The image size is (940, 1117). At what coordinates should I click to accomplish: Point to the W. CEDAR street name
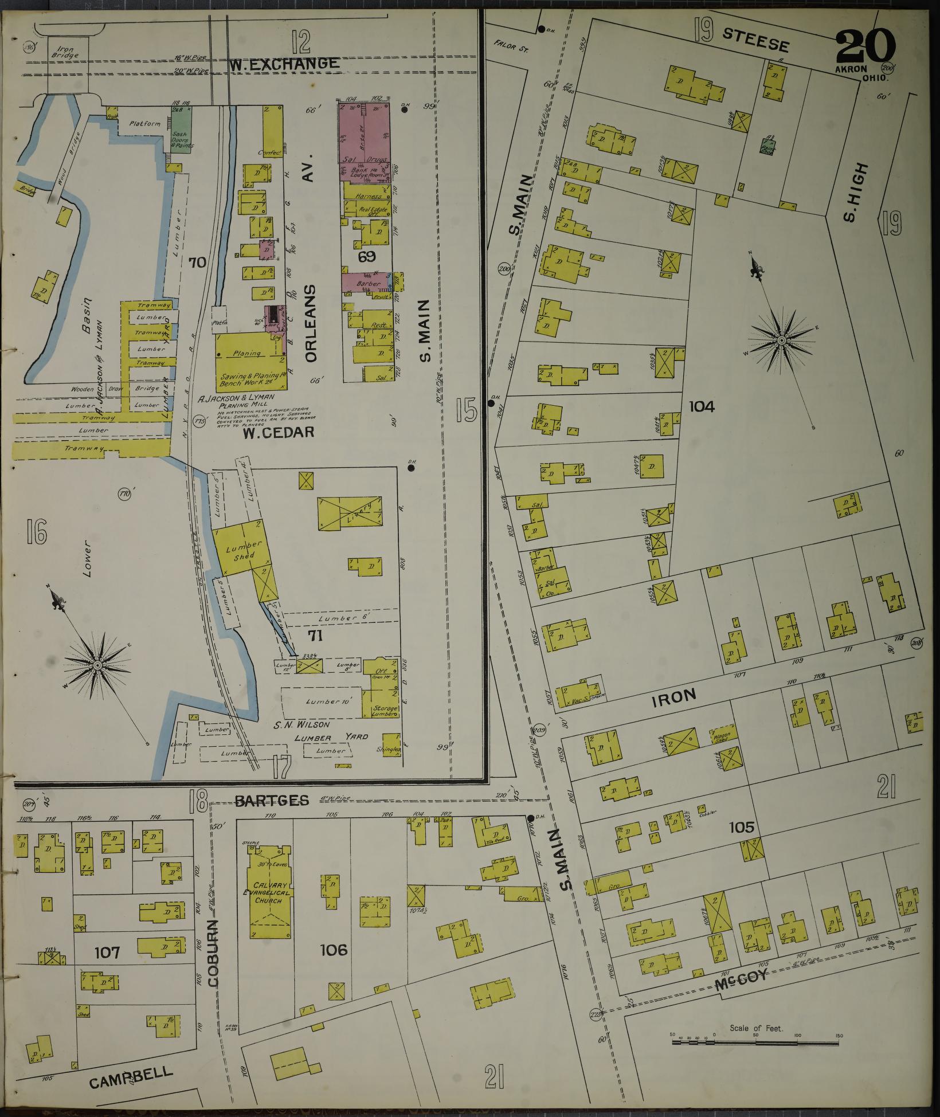tap(278, 432)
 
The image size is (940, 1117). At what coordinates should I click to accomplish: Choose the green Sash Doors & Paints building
tap(182, 128)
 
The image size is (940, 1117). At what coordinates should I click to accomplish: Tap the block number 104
tap(702, 407)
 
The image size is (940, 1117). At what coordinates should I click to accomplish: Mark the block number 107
tap(107, 953)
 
